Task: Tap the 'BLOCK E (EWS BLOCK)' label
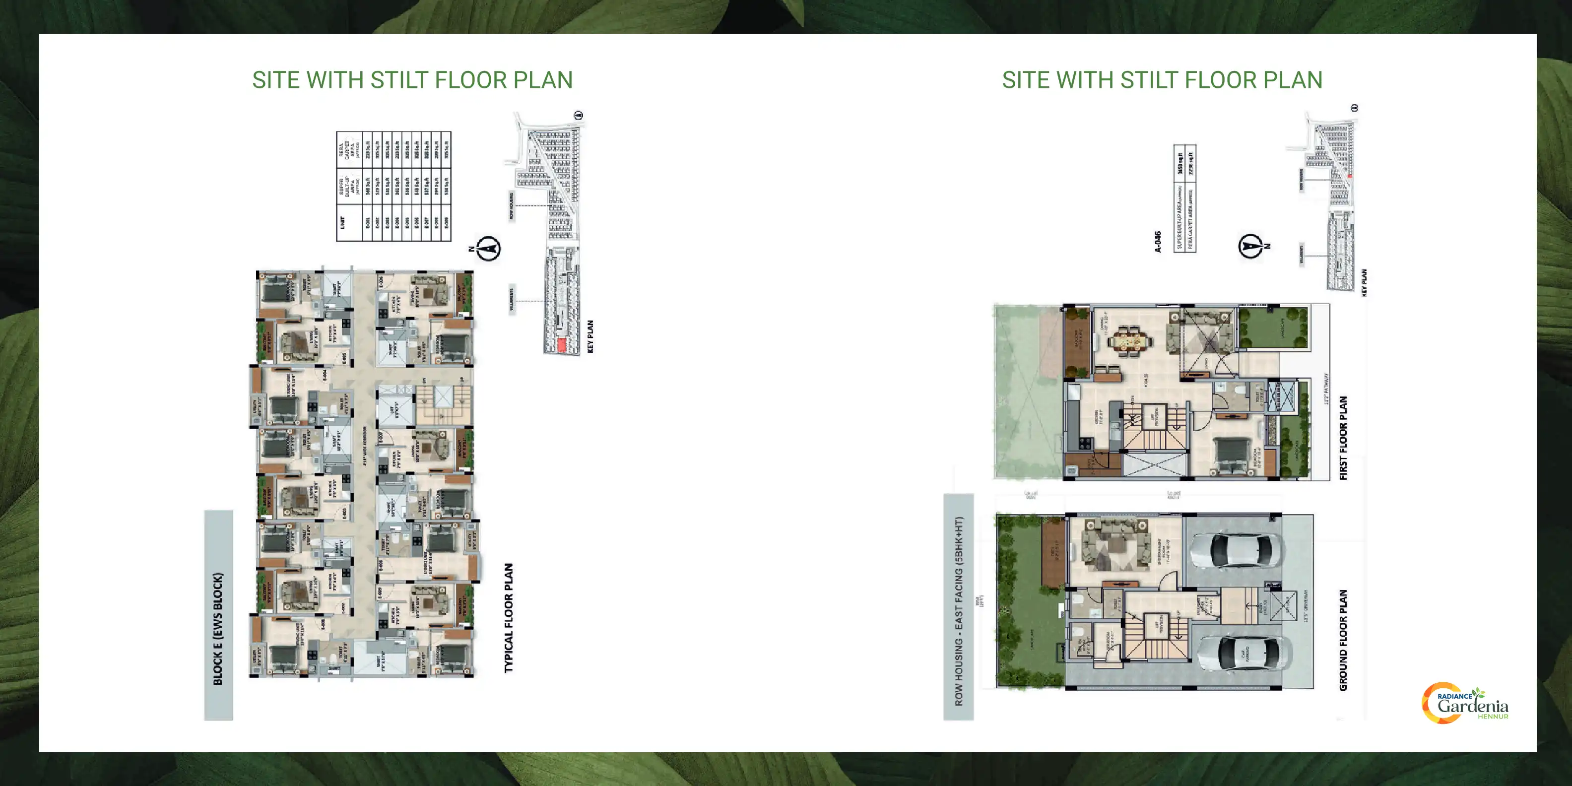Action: [x=218, y=629]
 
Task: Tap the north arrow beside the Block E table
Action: [x=488, y=249]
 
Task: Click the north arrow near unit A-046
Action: [x=1250, y=246]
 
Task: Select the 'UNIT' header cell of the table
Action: [x=342, y=223]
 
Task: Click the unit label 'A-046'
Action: [x=1158, y=242]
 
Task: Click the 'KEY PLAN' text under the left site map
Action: [x=590, y=336]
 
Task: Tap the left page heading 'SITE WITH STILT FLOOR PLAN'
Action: [x=412, y=80]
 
